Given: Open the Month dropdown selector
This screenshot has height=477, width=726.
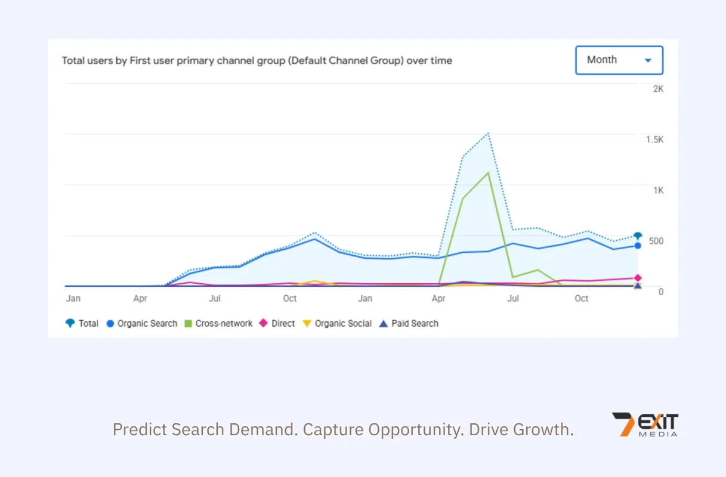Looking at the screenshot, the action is click(619, 60).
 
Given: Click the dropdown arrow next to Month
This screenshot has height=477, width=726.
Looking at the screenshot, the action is click(648, 60).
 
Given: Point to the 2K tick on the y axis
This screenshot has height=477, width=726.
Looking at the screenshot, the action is click(658, 89).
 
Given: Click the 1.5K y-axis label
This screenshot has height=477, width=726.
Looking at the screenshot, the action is click(654, 140).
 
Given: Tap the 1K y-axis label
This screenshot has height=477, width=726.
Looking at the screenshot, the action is click(658, 190).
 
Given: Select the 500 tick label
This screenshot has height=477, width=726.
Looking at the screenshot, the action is click(656, 241).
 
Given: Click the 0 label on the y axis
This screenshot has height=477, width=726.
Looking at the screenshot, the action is click(661, 292).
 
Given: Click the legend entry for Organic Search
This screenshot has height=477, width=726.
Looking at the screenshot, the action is click(142, 323).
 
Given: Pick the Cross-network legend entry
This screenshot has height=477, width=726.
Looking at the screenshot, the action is click(218, 323).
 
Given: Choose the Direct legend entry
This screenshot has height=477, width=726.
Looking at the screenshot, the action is click(277, 323).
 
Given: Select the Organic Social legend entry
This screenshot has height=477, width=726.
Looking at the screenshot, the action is click(337, 323).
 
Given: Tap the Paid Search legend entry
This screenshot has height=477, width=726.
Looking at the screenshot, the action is click(409, 323).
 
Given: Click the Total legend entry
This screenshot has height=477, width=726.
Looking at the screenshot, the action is click(82, 323).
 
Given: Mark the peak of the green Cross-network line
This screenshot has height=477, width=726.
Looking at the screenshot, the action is click(488, 173).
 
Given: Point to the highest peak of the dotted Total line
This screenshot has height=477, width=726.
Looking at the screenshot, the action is click(488, 133).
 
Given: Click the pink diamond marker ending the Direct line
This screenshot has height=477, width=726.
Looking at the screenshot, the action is click(638, 278).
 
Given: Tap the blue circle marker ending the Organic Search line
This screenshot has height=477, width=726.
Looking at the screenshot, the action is click(638, 246).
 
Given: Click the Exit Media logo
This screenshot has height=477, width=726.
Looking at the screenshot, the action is click(645, 425).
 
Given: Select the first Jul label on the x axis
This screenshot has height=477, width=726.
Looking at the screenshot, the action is click(215, 299).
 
